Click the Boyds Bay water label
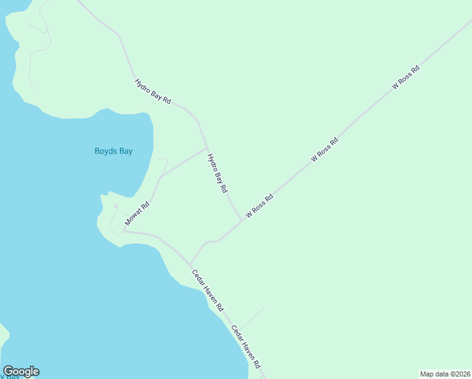[x=114, y=151]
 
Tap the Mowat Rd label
[x=137, y=214]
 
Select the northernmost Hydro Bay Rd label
[x=153, y=91]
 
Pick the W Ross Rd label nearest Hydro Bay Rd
[x=259, y=206]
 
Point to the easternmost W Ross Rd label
[x=406, y=77]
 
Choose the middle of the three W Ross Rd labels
[x=325, y=150]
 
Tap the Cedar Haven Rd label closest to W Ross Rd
[x=208, y=290]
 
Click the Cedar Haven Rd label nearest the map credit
[x=246, y=347]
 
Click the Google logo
[x=21, y=371]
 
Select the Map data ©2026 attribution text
[x=445, y=373]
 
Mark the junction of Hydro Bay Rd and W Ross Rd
[x=242, y=220]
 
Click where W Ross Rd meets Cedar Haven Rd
[x=191, y=265]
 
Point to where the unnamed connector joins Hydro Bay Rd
[x=208, y=149]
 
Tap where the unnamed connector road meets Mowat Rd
[x=160, y=177]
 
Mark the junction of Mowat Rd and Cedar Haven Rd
[x=124, y=231]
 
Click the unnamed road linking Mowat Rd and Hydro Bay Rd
[x=183, y=164]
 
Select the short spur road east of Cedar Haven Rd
[x=251, y=318]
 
